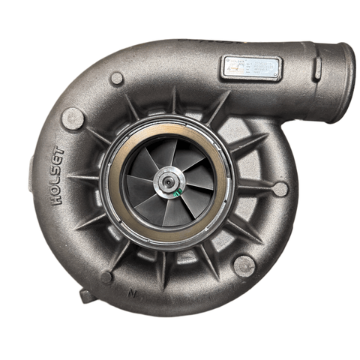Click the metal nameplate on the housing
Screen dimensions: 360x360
251,68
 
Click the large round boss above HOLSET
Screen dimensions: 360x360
73,118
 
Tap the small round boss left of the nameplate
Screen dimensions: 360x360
117,78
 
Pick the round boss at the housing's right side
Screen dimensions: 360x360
280,188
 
